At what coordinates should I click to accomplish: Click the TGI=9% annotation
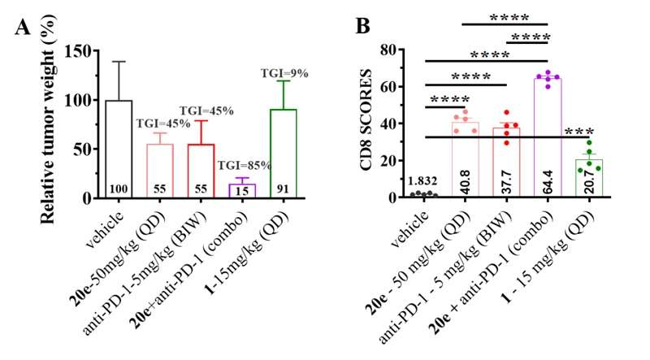click(285, 72)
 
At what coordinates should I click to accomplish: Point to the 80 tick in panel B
click(408, 50)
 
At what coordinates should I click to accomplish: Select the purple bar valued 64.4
click(548, 138)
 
